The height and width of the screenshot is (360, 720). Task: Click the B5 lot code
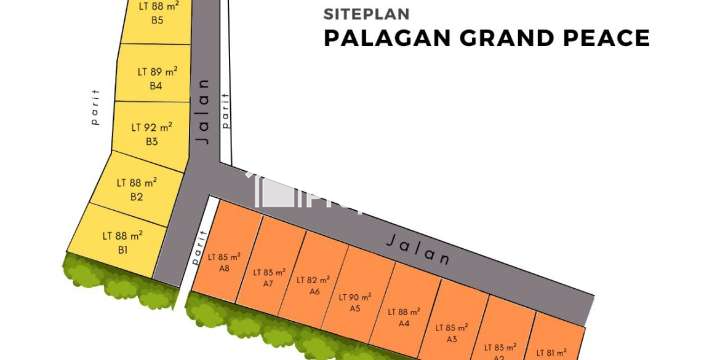point(157,20)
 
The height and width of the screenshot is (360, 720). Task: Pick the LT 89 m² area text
point(156,71)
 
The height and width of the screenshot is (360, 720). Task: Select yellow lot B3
point(151,134)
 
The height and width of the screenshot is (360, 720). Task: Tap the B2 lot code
point(137,197)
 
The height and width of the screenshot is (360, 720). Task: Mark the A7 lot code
point(268,284)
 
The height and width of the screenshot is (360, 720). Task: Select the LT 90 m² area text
point(355,297)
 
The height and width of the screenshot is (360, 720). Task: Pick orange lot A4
point(403,317)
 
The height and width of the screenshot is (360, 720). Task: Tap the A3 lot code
point(452,339)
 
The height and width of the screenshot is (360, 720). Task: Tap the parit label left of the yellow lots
point(96,114)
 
